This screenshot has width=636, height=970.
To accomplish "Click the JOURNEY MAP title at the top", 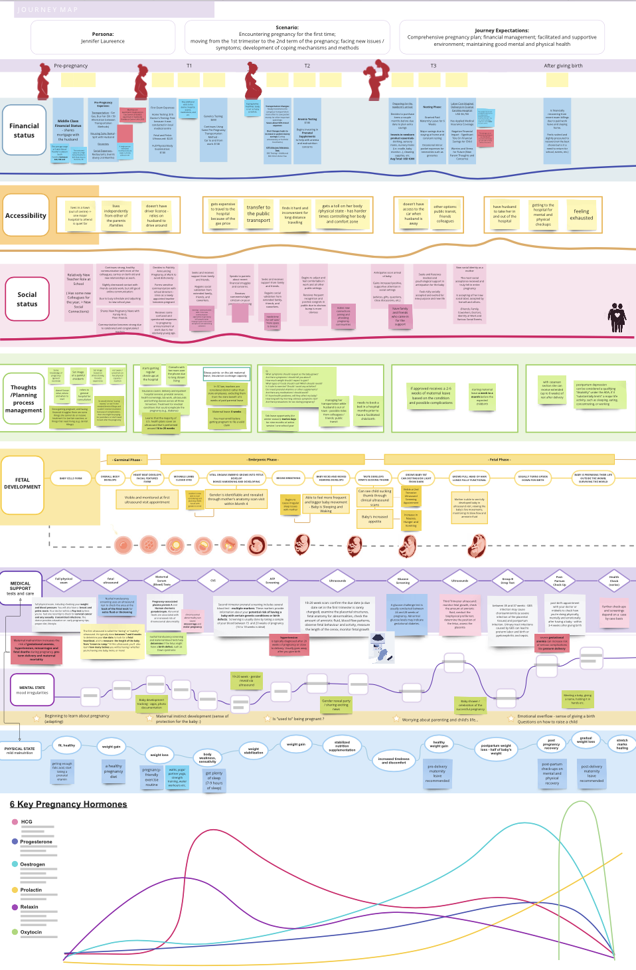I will (48, 10).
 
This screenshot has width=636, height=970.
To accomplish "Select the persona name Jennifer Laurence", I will (103, 41).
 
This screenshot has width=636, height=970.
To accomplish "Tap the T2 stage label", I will (307, 66).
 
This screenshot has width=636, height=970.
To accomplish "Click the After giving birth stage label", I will (563, 66).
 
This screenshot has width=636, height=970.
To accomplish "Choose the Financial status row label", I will (24, 130).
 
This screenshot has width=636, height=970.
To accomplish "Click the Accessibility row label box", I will (26, 215).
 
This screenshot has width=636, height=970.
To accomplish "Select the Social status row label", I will (27, 300).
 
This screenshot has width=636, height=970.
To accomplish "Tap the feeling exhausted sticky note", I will (582, 215).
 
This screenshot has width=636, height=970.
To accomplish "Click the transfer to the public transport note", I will (258, 214).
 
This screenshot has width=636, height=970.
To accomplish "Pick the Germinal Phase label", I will (127, 460).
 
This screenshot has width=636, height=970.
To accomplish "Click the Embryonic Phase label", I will (262, 460).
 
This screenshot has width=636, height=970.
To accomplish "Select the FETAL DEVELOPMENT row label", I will (23, 483).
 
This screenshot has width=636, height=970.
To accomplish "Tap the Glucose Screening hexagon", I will (402, 581).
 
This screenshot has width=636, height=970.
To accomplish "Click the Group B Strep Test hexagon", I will (507, 581).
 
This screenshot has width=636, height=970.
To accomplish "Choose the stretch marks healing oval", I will (621, 744).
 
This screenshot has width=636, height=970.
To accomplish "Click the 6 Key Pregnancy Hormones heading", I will (68, 805).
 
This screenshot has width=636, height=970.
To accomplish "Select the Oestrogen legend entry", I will (32, 864).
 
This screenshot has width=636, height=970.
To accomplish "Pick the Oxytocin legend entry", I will (31, 932).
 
